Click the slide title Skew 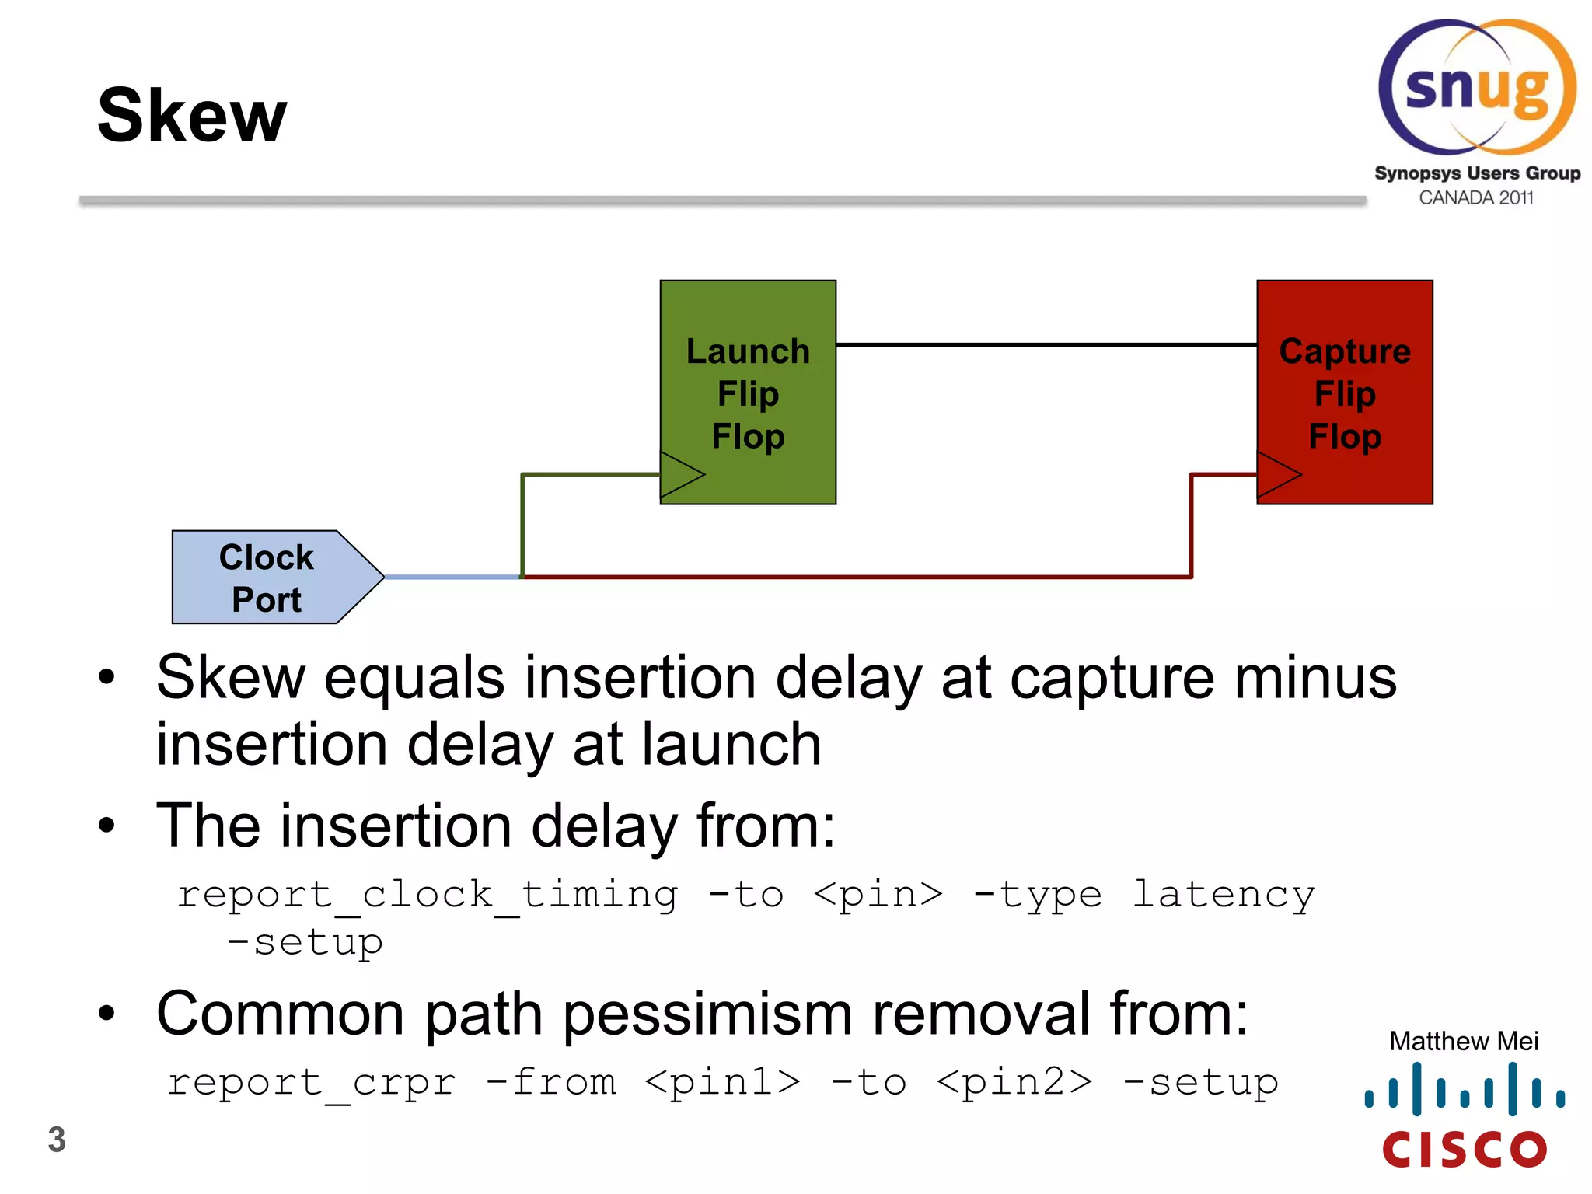pos(192,116)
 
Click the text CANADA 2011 pos(1475,198)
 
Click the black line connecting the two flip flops pos(1046,344)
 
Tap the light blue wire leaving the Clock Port pos(451,577)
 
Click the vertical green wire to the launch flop pos(522,525)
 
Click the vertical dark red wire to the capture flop pos(1192,525)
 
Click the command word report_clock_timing pos(428,895)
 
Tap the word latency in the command pos(1223,895)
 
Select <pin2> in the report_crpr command pos(1014,1082)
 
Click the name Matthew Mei pos(1464,1041)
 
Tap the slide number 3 pos(57,1140)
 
